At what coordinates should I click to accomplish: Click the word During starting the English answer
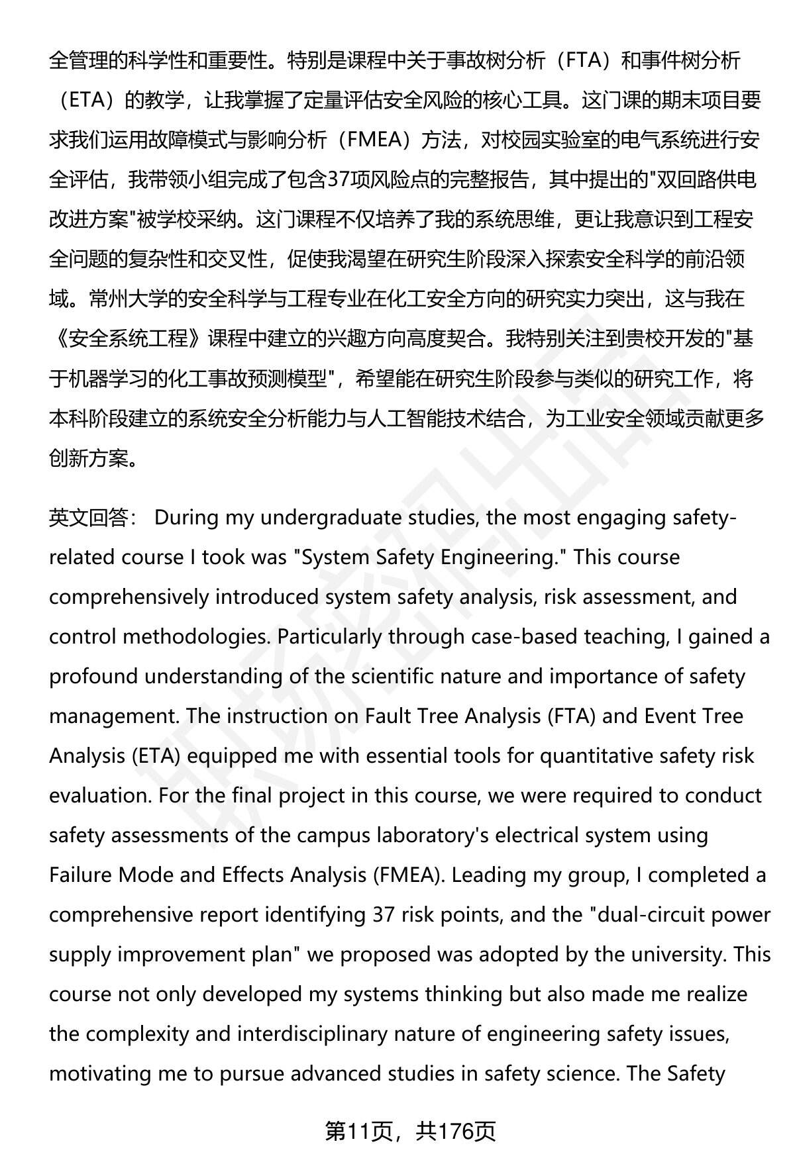(x=187, y=518)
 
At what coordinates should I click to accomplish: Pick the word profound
(x=93, y=677)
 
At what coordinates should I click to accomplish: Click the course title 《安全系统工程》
(x=128, y=339)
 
